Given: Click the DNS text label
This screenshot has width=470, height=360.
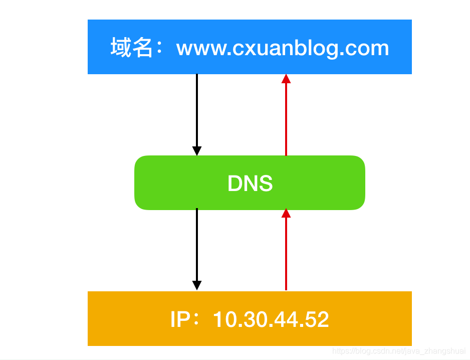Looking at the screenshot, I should pyautogui.click(x=250, y=184).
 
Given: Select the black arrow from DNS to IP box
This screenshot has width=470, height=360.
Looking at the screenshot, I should pyautogui.click(x=197, y=246).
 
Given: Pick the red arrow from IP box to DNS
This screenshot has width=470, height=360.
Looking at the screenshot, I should pyautogui.click(x=286, y=251).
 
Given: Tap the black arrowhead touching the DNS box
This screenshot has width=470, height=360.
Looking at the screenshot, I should pyautogui.click(x=197, y=151).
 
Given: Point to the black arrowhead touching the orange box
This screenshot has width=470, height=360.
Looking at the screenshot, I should pyautogui.click(x=197, y=285).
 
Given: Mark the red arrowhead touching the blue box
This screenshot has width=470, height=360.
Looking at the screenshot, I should pyautogui.click(x=286, y=79).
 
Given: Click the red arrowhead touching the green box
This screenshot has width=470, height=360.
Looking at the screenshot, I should pyautogui.click(x=286, y=214).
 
